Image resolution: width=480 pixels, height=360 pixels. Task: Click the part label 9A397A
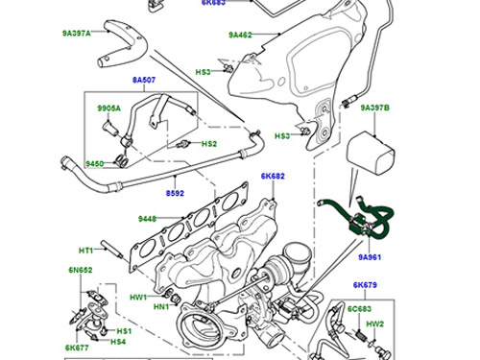[77, 34]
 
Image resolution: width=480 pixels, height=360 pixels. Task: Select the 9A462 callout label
[240, 35]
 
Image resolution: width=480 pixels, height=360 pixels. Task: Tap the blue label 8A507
[144, 80]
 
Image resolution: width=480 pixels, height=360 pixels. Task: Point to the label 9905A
[109, 108]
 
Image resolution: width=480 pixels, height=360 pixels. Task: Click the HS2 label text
[209, 144]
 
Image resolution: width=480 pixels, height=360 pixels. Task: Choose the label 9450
[94, 164]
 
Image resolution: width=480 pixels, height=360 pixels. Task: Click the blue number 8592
[175, 193]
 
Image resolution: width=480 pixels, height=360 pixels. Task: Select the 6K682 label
[273, 176]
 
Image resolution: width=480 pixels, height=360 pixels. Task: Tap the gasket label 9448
[147, 219]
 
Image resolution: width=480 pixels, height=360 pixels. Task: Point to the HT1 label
[85, 251]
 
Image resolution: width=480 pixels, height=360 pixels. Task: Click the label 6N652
[81, 270]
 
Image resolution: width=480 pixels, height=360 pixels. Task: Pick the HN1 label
[161, 307]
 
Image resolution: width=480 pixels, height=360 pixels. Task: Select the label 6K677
[77, 348]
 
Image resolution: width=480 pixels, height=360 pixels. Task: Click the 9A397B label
[375, 108]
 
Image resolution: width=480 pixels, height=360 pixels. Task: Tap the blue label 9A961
[370, 257]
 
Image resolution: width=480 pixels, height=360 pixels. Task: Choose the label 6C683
[360, 309]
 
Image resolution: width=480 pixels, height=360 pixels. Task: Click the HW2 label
[374, 324]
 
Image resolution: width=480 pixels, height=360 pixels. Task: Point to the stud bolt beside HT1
[112, 250]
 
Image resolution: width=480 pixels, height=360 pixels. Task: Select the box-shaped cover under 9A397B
[371, 154]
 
